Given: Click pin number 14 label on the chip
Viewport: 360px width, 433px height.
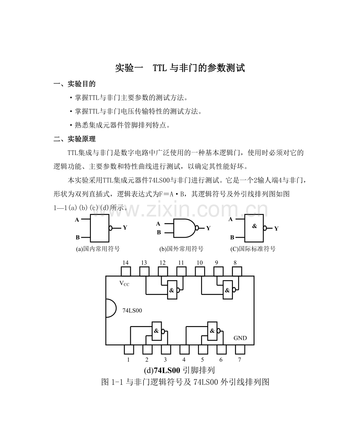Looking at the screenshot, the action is (125, 263).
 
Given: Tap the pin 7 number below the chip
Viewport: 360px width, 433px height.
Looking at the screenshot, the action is (239, 359).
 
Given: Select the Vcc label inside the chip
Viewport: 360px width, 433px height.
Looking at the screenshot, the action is (124, 283).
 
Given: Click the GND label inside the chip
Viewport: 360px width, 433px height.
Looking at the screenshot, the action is (240, 338).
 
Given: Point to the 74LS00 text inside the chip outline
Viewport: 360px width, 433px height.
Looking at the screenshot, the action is (132, 310).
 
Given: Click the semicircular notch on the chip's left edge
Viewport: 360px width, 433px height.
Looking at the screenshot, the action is (111, 308).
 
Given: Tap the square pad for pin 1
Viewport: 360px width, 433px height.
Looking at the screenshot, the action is (129, 349).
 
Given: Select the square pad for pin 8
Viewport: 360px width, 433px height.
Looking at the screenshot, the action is (237, 271).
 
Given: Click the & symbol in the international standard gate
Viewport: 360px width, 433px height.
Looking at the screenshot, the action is (254, 226).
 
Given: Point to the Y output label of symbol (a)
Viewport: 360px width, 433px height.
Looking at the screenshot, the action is (125, 227).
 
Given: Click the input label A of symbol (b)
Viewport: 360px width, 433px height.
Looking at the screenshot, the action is (158, 224).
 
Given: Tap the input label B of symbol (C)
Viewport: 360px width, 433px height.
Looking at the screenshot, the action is (232, 237).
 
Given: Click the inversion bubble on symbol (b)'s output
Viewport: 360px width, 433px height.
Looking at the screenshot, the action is (197, 228).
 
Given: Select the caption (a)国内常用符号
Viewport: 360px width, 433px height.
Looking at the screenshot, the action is (98, 249).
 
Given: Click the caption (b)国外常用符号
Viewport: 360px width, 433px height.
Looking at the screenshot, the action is (182, 249).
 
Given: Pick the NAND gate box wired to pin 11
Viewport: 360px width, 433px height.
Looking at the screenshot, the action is (172, 290).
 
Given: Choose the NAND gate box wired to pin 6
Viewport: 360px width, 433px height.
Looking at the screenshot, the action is (212, 330).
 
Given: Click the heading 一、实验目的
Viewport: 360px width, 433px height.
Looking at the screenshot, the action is (74, 84).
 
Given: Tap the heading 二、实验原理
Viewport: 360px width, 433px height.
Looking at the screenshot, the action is (74, 139).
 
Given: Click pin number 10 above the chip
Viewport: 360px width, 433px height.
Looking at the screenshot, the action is (200, 263).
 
